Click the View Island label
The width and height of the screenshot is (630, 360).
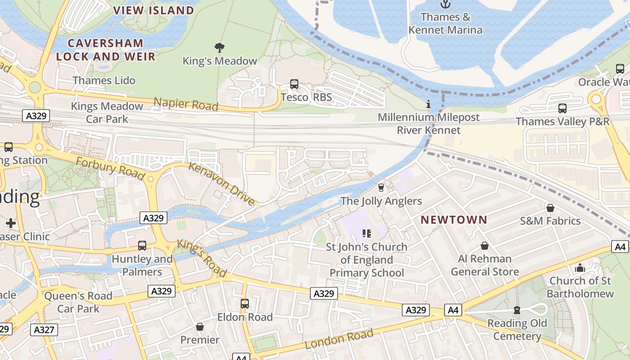click(153, 10)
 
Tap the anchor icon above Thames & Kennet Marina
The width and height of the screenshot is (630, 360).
click(445, 4)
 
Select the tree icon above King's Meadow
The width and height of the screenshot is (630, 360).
click(220, 47)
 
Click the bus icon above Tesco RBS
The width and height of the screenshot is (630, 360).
click(294, 84)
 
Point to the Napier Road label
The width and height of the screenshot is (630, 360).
click(186, 104)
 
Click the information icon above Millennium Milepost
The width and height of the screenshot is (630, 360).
click(428, 104)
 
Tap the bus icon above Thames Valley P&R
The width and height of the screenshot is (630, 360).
click(562, 108)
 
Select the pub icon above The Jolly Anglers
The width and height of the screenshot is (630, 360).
click(381, 188)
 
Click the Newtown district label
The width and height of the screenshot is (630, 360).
click(454, 220)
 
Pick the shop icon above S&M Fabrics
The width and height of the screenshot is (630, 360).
click(550, 208)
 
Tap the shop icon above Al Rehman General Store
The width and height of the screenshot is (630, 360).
click(485, 246)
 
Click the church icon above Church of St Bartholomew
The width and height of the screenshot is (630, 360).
click(580, 268)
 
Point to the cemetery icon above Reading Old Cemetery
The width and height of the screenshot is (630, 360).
click(517, 310)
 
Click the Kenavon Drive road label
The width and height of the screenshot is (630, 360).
click(221, 184)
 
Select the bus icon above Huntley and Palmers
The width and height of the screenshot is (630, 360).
click(142, 246)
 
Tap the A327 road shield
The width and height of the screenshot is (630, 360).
click(45, 330)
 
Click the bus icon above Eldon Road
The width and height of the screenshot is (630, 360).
click(244, 304)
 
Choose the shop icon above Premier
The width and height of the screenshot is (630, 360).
click(199, 327)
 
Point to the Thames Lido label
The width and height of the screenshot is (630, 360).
click(104, 80)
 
